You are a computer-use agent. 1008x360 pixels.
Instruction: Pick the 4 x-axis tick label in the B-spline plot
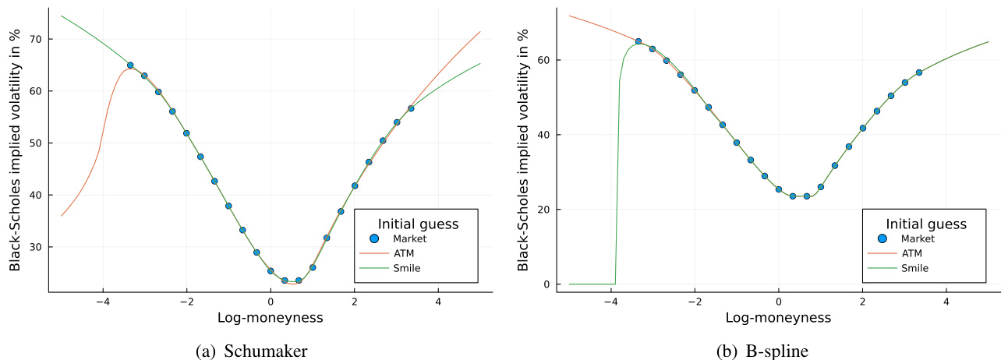(946, 301)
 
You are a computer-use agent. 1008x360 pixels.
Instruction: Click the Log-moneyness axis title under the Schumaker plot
(270, 318)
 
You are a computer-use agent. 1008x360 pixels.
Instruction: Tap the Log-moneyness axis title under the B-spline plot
(778, 318)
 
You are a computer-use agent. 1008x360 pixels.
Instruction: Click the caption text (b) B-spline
(762, 351)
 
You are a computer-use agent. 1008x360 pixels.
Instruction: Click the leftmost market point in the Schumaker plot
(130, 65)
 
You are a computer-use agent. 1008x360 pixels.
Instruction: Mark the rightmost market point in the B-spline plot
(919, 72)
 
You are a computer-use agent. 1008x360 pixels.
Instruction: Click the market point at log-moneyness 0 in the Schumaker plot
(271, 270)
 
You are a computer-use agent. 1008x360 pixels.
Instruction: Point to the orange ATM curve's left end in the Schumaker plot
(62, 215)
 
